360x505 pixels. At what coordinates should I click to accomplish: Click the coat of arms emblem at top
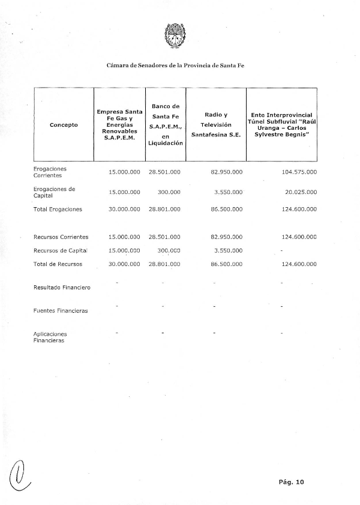[x=176, y=35]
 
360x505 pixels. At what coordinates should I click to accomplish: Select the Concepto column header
[x=64, y=125]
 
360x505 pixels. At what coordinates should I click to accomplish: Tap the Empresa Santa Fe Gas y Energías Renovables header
[x=119, y=124]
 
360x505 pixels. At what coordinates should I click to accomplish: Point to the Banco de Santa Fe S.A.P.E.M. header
[x=165, y=124]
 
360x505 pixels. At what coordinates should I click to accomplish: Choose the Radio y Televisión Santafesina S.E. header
[x=215, y=124]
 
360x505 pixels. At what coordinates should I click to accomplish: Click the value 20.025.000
[x=301, y=193]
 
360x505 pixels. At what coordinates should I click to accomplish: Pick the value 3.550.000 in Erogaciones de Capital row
[x=228, y=193]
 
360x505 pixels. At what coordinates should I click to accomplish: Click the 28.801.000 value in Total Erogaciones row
[x=164, y=210]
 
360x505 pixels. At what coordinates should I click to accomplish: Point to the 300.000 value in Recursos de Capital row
[x=169, y=250]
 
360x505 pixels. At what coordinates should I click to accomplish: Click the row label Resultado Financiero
[x=62, y=288]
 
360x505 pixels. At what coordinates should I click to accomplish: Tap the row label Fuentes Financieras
[x=61, y=311]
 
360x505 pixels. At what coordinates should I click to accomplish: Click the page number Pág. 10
[x=292, y=482]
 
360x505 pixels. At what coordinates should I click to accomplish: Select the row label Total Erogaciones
[x=58, y=210]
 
